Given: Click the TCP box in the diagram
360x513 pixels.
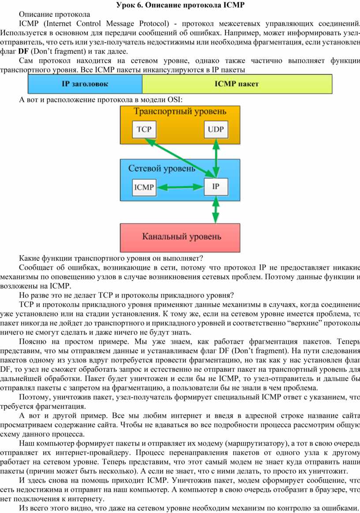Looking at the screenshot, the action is click(x=144, y=129).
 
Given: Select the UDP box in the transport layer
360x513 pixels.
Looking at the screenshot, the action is click(x=216, y=129).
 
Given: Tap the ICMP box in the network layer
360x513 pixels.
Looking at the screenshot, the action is click(x=144, y=188).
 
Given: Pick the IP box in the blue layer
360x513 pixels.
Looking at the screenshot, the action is click(x=216, y=187).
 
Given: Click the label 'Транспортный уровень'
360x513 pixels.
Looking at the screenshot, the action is click(x=180, y=112).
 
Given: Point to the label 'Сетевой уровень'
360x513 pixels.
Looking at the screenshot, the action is click(x=162, y=169).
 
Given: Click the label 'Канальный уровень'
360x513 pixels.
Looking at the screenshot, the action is click(x=182, y=237).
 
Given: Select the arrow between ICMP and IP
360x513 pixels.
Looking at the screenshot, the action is click(x=180, y=188).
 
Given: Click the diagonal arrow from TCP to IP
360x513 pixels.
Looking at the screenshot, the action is click(x=178, y=157).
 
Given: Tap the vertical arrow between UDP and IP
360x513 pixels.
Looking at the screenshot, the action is click(x=216, y=158).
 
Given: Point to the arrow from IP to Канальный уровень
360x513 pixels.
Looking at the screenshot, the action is click(x=215, y=210).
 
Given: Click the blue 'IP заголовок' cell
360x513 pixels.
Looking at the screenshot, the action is click(x=85, y=84).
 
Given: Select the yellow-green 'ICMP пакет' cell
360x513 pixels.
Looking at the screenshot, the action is click(x=237, y=84).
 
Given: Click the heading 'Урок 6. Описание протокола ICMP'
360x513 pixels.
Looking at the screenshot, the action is click(x=180, y=5).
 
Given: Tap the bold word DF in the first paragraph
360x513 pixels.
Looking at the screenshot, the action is click(x=23, y=51).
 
